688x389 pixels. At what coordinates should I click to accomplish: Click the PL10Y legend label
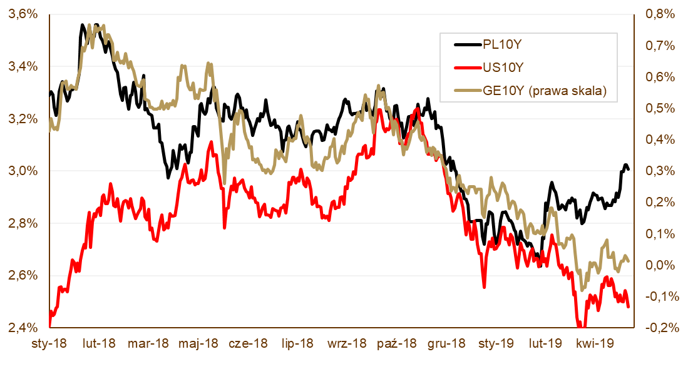[501, 44]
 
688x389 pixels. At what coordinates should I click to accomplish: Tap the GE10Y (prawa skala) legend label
[544, 91]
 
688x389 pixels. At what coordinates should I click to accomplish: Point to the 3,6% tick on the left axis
[23, 14]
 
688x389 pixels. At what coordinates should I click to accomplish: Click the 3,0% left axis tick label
[23, 171]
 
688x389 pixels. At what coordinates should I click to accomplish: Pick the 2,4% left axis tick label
[23, 328]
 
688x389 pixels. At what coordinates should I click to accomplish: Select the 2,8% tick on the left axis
[23, 223]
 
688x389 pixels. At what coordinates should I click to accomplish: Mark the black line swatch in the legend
[466, 44]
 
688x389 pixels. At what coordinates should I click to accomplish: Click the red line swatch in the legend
[466, 68]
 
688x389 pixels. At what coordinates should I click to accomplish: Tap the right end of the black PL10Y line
[628, 169]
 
